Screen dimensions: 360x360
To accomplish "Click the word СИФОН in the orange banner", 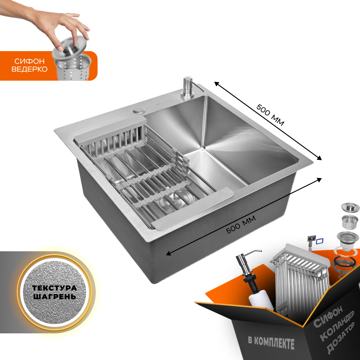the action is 30,61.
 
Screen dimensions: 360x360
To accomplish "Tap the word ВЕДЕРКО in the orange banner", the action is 30,69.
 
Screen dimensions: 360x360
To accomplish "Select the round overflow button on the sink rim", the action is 139,110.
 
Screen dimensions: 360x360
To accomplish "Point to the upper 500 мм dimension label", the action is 270,115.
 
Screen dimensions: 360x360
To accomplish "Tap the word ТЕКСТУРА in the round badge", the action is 54,288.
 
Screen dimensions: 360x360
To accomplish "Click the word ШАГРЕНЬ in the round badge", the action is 54,296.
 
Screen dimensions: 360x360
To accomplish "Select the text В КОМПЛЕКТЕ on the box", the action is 271,343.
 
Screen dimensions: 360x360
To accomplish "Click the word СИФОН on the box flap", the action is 328,316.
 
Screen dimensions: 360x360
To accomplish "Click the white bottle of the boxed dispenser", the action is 261,300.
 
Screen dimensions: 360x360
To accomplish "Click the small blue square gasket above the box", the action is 319,241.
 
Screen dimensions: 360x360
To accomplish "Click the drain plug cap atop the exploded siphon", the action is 350,207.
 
